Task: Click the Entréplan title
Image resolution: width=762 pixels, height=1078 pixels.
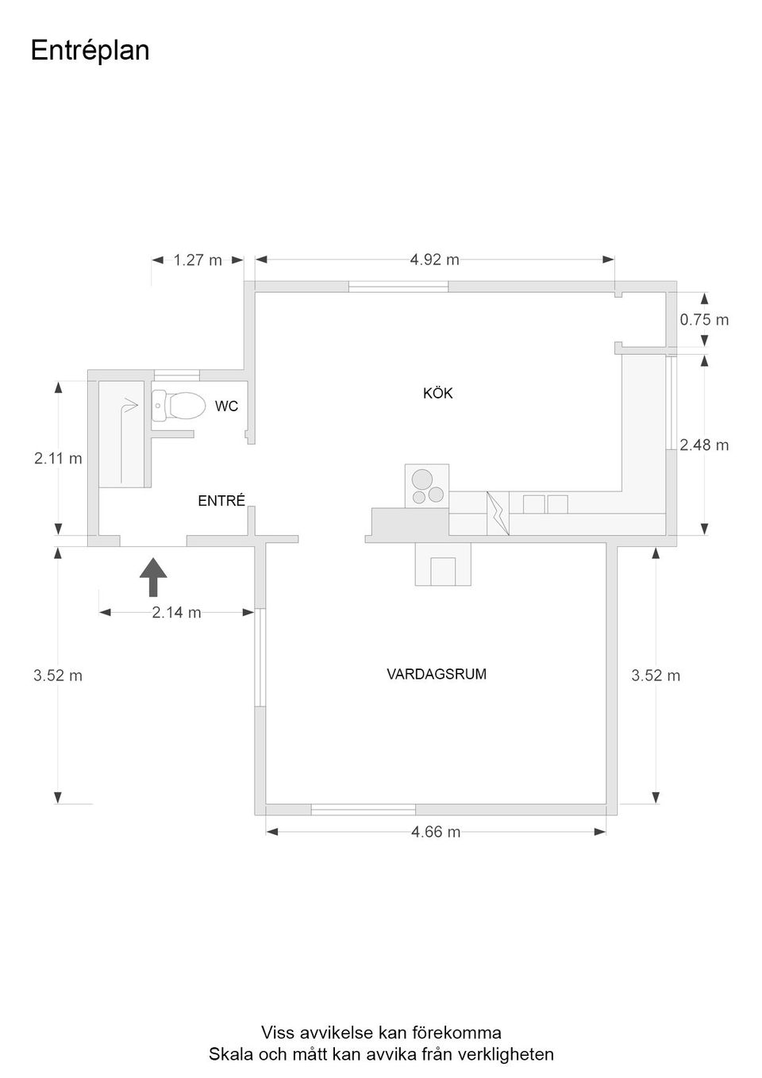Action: click(x=90, y=51)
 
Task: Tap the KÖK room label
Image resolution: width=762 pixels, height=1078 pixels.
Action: click(x=438, y=393)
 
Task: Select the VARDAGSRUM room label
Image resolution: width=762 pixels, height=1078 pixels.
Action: click(x=437, y=674)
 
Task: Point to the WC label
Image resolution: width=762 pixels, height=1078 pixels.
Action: click(x=226, y=406)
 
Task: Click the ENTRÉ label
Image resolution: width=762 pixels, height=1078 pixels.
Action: click(x=221, y=500)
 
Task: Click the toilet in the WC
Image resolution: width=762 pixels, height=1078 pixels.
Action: click(x=177, y=405)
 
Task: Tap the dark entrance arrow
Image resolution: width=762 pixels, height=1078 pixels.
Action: click(x=153, y=577)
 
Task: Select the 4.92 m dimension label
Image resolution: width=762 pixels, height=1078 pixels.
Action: click(x=434, y=260)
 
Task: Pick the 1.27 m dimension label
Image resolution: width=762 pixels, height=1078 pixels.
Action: click(x=197, y=260)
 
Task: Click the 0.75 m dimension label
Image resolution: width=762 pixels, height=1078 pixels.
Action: click(x=704, y=320)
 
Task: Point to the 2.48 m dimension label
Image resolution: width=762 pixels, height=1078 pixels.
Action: click(x=704, y=445)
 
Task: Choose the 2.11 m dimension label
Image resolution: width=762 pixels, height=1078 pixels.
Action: click(x=58, y=458)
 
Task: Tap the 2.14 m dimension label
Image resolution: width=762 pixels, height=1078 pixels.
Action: click(x=176, y=613)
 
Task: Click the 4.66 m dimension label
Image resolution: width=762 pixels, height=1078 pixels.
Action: click(x=436, y=832)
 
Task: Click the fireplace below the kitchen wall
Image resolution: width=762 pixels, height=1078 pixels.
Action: click(x=443, y=564)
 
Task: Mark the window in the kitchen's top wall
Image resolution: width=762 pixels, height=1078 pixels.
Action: click(x=398, y=287)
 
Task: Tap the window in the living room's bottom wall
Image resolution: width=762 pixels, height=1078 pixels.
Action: click(x=364, y=810)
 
